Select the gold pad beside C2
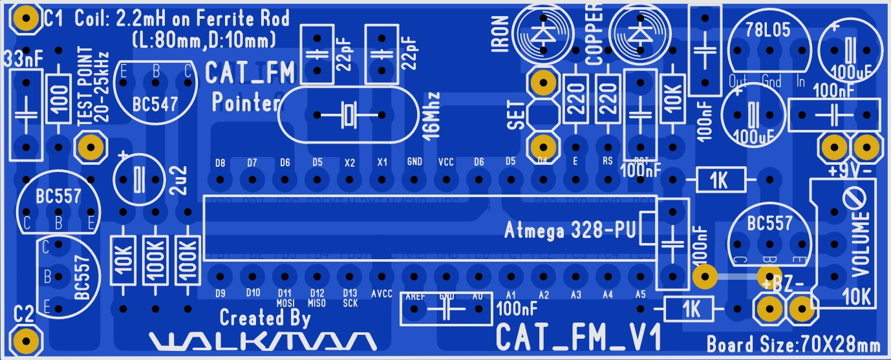tap(25, 339)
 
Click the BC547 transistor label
tap(155, 104)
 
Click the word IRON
tap(500, 35)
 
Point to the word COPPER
tap(594, 34)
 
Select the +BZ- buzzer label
tap(784, 285)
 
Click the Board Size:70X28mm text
tap(793, 343)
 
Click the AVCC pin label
tap(381, 293)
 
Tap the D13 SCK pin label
tap(350, 298)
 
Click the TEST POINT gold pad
tap(91, 147)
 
